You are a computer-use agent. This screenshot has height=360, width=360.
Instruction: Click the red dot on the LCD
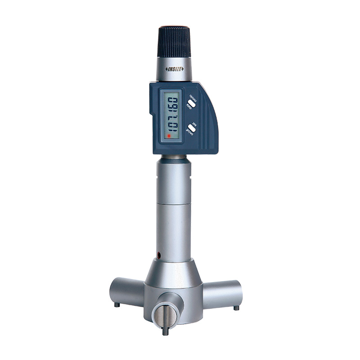[x=168, y=135]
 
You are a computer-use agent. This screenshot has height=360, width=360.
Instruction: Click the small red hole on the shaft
[x=159, y=255]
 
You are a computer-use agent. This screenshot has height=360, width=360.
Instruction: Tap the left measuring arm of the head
[x=126, y=291]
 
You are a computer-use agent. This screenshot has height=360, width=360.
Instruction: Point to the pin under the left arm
[x=117, y=305]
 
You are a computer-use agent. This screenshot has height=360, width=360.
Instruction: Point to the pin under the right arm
[x=236, y=308]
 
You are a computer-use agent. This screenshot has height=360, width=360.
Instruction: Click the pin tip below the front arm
[x=165, y=332]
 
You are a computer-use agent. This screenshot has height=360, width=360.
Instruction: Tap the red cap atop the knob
[x=174, y=26]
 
